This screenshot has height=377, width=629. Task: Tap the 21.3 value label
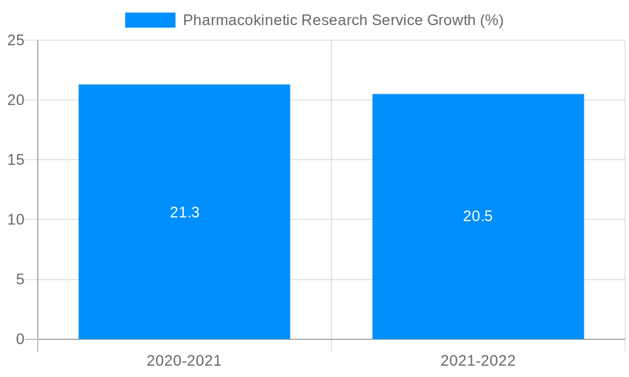pyautogui.click(x=184, y=212)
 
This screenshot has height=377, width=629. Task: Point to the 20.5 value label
pyautogui.click(x=478, y=216)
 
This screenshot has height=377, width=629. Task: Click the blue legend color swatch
pyautogui.click(x=150, y=20)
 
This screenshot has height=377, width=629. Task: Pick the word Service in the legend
pyautogui.click(x=398, y=20)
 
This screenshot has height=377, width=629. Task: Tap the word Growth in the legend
pyautogui.click(x=451, y=20)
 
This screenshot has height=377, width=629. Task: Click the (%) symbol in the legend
pyautogui.click(x=492, y=20)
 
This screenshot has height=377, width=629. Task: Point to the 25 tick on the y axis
pyautogui.click(x=16, y=41)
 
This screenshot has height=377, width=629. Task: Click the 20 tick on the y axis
pyautogui.click(x=16, y=101)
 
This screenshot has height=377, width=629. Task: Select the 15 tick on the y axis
pyautogui.click(x=16, y=160)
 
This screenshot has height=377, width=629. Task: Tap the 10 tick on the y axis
pyautogui.click(x=16, y=220)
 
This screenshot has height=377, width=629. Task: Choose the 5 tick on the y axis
pyautogui.click(x=20, y=280)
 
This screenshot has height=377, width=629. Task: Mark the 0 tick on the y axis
pyautogui.click(x=20, y=339)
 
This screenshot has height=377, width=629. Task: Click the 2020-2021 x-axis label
pyautogui.click(x=184, y=361)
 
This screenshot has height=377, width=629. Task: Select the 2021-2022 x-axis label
pyautogui.click(x=478, y=361)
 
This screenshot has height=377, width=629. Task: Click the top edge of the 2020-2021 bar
pyautogui.click(x=184, y=85)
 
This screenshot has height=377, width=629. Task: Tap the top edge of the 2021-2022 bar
pyautogui.click(x=478, y=94)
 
